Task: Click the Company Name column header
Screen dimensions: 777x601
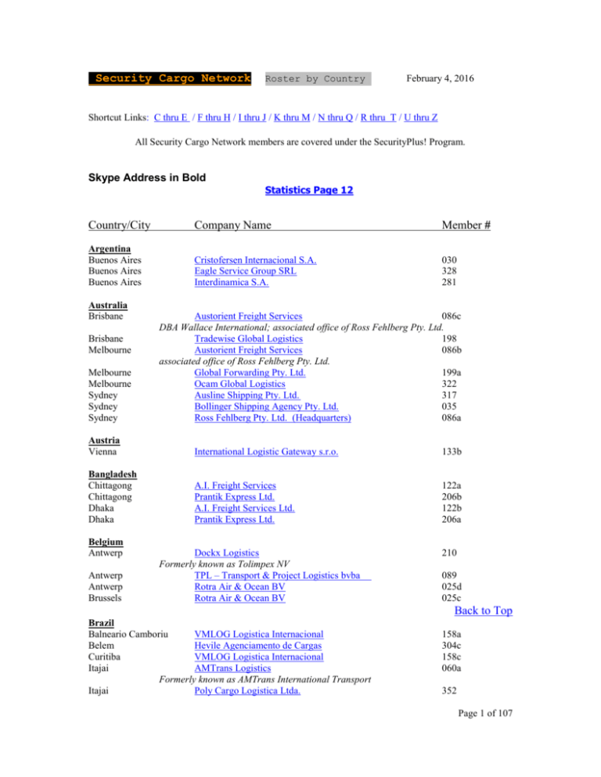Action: click(x=232, y=225)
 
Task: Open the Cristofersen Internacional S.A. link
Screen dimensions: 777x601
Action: click(x=261, y=259)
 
